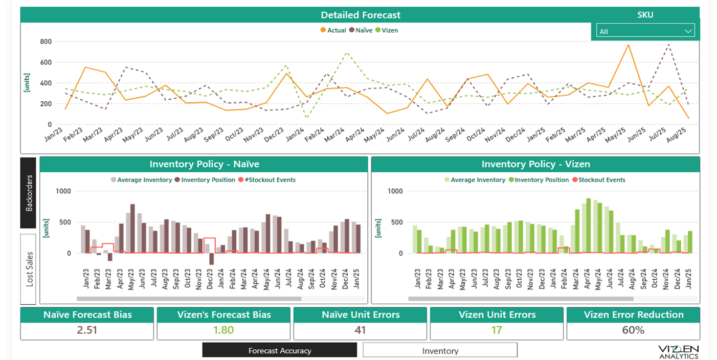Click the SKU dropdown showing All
click(x=645, y=31)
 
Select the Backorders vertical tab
click(x=29, y=193)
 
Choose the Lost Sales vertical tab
click(x=29, y=269)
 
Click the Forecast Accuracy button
click(x=279, y=350)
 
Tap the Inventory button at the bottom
click(x=440, y=350)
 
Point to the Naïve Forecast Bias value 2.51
click(x=87, y=330)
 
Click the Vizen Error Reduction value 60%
click(x=633, y=330)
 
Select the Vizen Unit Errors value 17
click(x=496, y=330)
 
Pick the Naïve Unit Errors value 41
click(x=360, y=330)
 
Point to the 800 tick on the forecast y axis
click(x=46, y=41)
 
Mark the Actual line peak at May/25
click(x=628, y=44)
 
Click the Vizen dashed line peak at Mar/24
click(x=347, y=52)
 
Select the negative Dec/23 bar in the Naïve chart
click(x=211, y=259)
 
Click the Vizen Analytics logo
click(x=678, y=351)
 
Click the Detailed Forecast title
click(x=361, y=15)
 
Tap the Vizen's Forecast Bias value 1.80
click(x=223, y=330)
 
